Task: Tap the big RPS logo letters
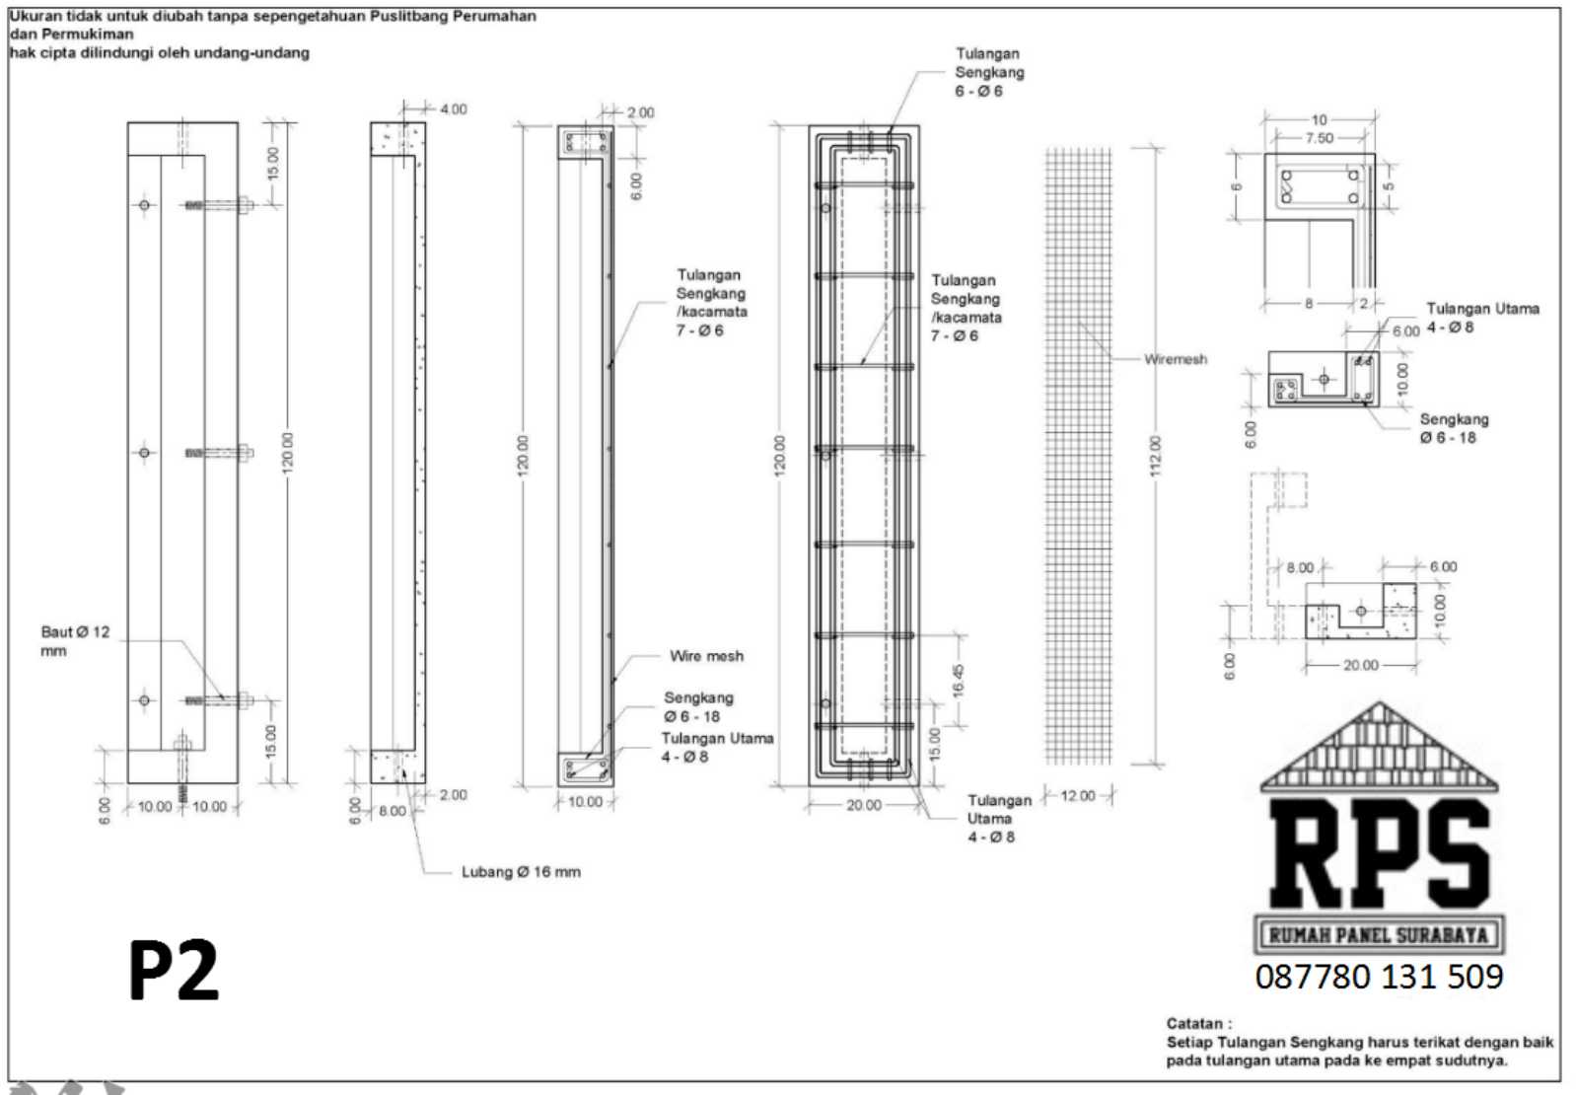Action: pyautogui.click(x=1379, y=854)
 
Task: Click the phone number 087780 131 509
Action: pyautogui.click(x=1379, y=977)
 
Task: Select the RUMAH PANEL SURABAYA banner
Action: pyautogui.click(x=1378, y=934)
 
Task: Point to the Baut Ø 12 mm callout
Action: pyautogui.click(x=75, y=640)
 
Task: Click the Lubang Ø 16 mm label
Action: pyautogui.click(x=521, y=872)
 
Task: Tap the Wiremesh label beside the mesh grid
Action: pyautogui.click(x=1176, y=359)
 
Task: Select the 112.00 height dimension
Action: pyautogui.click(x=1156, y=456)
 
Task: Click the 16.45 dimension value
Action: pyautogui.click(x=958, y=681)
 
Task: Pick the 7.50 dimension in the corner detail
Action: pyautogui.click(x=1319, y=138)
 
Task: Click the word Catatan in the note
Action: pyautogui.click(x=1197, y=1023)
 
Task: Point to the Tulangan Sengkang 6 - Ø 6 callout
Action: pyautogui.click(x=989, y=72)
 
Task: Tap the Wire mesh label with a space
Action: pyautogui.click(x=706, y=656)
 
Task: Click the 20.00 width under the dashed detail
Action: pyautogui.click(x=1360, y=665)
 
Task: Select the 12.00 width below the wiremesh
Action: pyautogui.click(x=1078, y=795)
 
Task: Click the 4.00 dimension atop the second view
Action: pyautogui.click(x=453, y=109)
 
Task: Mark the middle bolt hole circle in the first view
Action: pyautogui.click(x=145, y=453)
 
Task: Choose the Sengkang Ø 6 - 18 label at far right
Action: pyautogui.click(x=1453, y=428)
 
